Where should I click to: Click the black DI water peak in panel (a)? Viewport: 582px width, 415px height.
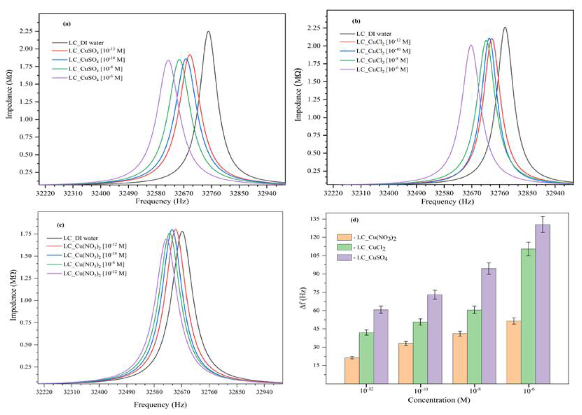(x=208, y=32)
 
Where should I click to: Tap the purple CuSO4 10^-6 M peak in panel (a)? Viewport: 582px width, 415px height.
(x=168, y=61)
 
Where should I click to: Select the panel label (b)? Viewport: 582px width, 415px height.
(x=356, y=21)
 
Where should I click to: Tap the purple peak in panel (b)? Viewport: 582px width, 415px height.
(x=471, y=45)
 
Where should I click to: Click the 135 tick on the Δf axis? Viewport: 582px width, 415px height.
(x=317, y=219)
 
